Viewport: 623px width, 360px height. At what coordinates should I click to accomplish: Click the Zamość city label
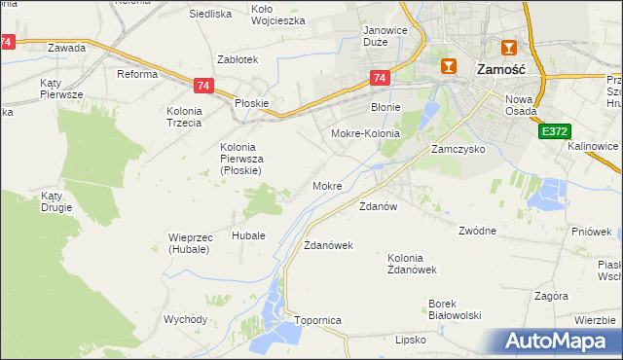point(501,70)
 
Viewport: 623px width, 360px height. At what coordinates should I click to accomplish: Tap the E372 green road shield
point(554,130)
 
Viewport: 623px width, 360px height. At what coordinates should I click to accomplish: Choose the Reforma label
point(137,74)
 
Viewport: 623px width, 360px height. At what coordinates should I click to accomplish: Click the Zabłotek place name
point(238,59)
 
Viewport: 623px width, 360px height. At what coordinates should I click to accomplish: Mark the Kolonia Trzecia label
point(183,117)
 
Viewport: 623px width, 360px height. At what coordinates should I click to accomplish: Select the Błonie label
point(386,108)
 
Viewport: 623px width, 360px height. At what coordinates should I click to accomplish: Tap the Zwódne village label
point(478,231)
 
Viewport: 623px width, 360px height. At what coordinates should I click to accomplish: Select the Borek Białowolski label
point(456,308)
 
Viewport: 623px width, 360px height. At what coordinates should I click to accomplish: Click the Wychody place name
point(185,319)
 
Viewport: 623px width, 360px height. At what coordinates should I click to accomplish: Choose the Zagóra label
point(551,296)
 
